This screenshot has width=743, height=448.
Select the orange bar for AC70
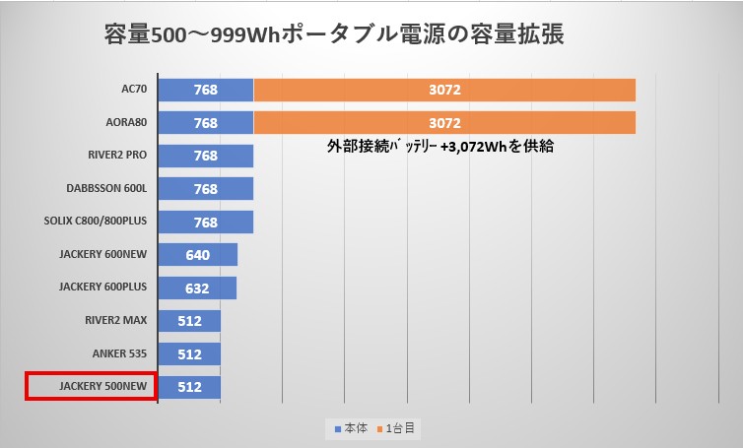(x=444, y=91)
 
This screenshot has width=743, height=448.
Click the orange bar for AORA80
(x=444, y=123)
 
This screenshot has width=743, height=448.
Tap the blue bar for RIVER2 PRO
(x=205, y=156)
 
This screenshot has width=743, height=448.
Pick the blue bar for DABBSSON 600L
(x=205, y=189)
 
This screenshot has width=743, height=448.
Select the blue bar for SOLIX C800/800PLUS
(x=205, y=222)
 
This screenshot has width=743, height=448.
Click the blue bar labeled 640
(x=197, y=255)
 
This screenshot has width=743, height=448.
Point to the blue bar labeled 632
(x=196, y=288)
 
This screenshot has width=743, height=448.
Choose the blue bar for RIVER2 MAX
(x=189, y=321)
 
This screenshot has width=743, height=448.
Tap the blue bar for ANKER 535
(x=189, y=353)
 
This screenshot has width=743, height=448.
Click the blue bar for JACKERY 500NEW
(x=189, y=387)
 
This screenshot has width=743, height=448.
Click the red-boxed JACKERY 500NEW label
(x=90, y=387)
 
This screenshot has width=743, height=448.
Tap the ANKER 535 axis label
(x=120, y=353)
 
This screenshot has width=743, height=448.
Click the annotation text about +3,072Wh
(x=439, y=147)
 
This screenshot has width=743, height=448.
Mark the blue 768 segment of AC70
(x=205, y=91)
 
